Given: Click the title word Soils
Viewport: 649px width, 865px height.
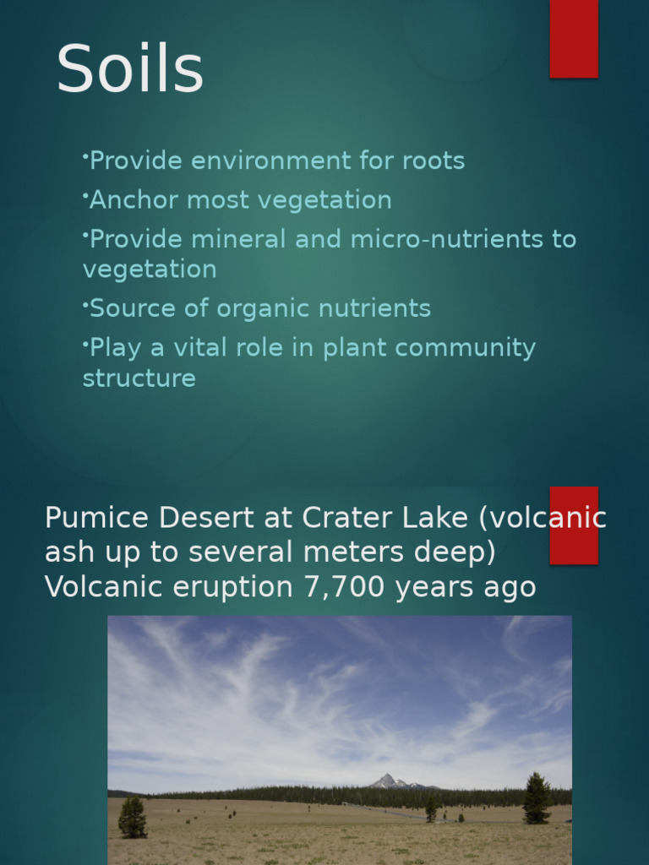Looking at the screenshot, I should pos(129,69).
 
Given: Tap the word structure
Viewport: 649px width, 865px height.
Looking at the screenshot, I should pos(139,378).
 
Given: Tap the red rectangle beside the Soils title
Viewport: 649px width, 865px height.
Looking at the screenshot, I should pos(574,38).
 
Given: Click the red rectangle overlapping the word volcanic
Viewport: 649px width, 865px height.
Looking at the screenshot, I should pos(574,525).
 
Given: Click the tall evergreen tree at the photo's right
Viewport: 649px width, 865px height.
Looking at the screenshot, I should pos(536,798).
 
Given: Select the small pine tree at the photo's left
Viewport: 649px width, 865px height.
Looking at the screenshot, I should pos(132,818).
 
